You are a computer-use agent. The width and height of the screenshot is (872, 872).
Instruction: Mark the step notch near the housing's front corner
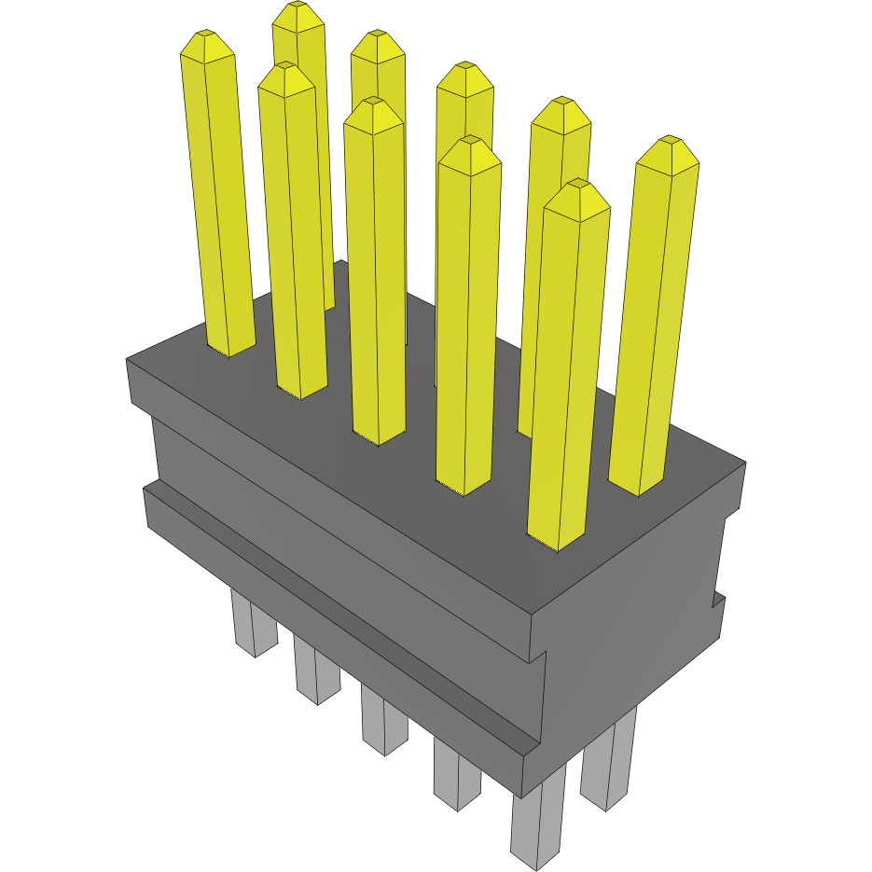538,657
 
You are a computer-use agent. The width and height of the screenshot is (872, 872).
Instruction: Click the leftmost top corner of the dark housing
128,360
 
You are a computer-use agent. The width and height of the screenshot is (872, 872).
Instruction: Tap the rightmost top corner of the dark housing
744,463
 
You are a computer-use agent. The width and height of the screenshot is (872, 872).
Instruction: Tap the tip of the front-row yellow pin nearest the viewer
578,185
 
